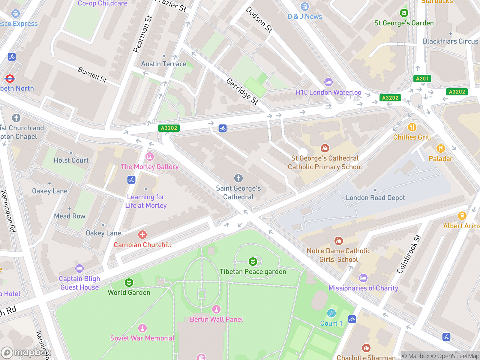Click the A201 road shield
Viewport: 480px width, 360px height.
[422, 79]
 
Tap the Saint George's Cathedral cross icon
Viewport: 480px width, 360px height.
[238, 178]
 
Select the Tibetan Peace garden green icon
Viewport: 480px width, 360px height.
[253, 262]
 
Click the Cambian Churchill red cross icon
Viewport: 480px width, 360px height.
[142, 235]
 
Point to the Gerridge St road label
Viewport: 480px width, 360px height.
[242, 91]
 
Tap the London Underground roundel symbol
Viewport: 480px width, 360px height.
[10, 79]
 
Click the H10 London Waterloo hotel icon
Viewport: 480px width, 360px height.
[328, 82]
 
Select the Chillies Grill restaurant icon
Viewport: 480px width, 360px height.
[412, 127]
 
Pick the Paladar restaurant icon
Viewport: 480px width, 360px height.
[440, 148]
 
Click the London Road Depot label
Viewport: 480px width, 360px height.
[375, 198]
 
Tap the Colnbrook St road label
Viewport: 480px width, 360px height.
[409, 254]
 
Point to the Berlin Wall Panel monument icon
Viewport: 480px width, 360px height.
[216, 309]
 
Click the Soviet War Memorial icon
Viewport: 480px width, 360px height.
[142, 328]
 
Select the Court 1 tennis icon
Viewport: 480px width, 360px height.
[331, 313]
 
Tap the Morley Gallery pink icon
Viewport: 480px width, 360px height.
[150, 156]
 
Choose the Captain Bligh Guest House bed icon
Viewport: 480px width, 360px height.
[79, 268]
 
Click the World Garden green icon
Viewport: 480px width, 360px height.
[129, 283]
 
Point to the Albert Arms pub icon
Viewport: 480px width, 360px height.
[462, 216]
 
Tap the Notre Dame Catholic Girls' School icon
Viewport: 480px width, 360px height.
[339, 241]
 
